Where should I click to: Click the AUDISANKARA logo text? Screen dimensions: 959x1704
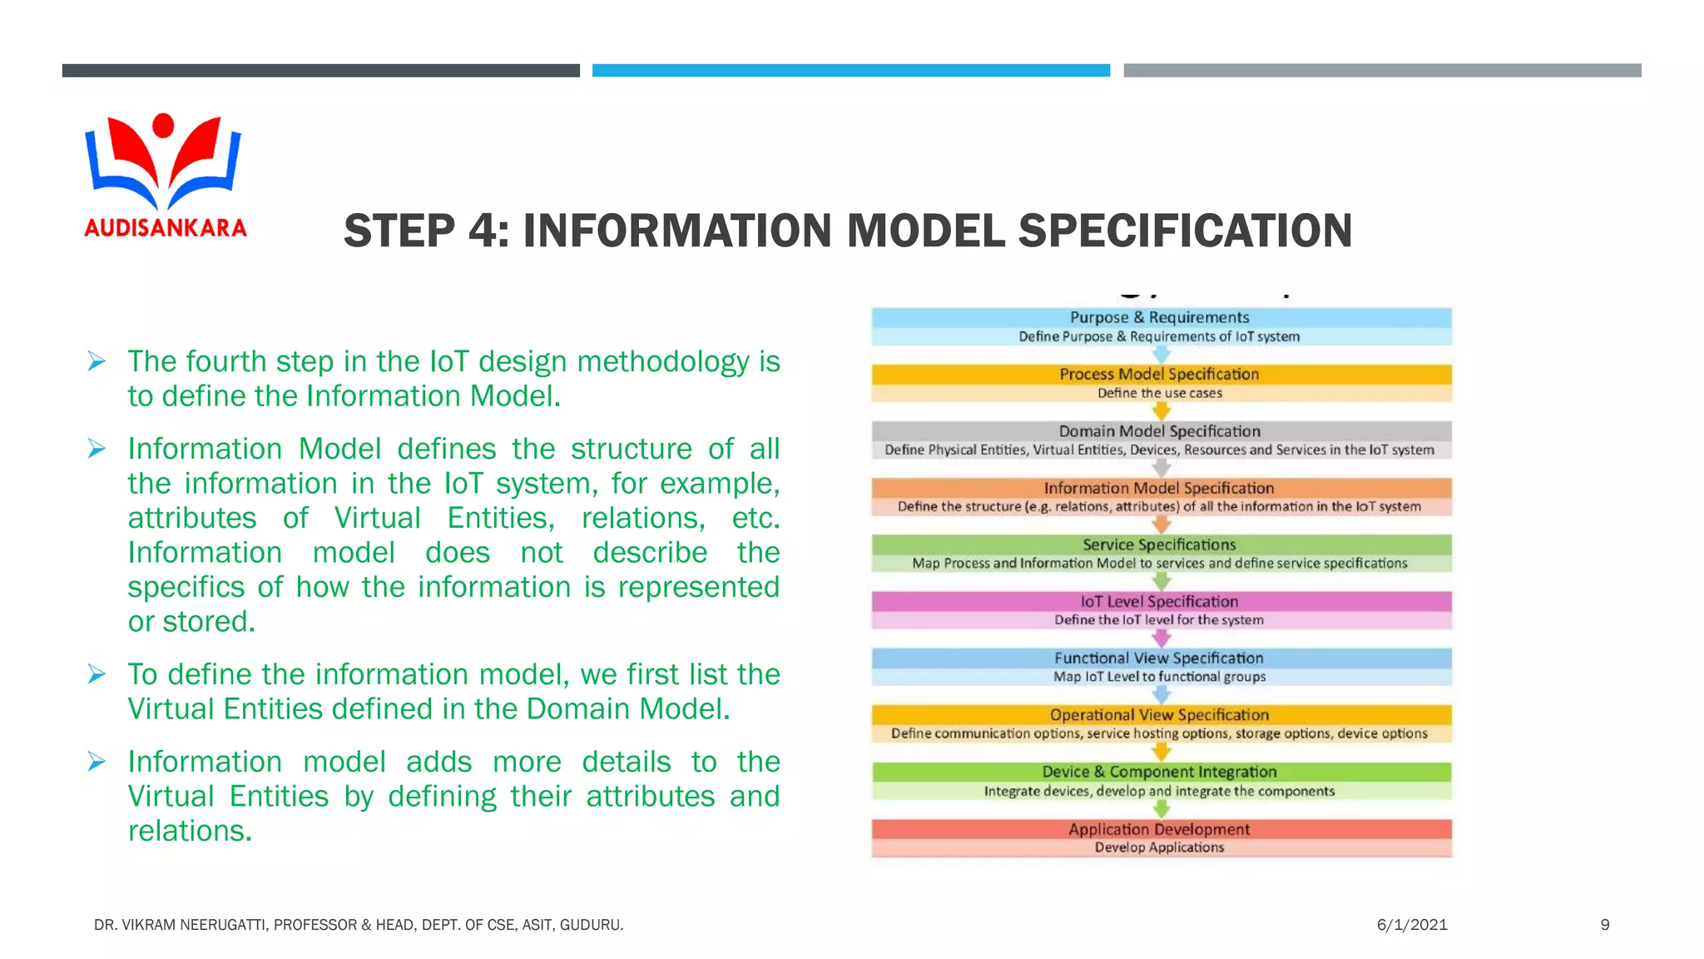click(166, 227)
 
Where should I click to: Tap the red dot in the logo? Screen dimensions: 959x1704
click(164, 126)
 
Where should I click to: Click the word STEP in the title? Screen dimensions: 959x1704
click(399, 231)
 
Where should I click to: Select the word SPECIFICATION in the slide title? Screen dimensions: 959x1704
click(1185, 231)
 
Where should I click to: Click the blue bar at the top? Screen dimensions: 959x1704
click(850, 71)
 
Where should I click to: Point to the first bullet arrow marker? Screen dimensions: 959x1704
click(97, 361)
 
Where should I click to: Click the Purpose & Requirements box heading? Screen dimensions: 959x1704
click(1160, 317)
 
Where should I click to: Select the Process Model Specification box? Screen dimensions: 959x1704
click(1160, 375)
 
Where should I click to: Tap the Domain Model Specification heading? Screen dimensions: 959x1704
click(1160, 431)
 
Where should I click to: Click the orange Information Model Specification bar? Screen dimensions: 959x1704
click(1160, 488)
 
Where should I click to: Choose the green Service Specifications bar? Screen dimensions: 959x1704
click(1160, 544)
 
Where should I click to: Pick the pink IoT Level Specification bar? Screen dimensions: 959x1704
click(1160, 601)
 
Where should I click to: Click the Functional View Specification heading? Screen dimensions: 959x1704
click(1160, 658)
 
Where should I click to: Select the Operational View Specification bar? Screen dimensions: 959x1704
click(1160, 714)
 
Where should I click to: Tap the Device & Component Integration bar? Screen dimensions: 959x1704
click(1160, 772)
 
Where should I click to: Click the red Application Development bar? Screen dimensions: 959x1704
click(1160, 829)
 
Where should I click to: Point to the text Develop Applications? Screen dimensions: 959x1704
click(1160, 847)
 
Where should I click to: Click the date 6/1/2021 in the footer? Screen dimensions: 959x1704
click(1412, 925)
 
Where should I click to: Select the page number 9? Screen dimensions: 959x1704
click(1605, 925)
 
